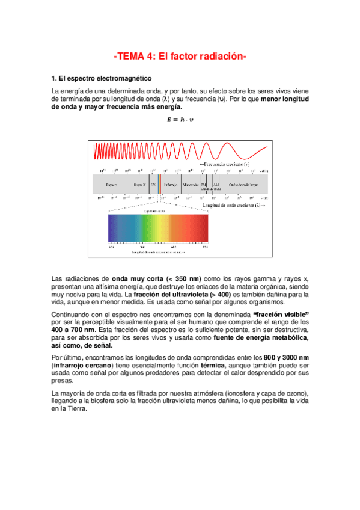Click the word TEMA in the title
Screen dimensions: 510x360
(131, 57)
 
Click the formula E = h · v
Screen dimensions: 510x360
(180, 118)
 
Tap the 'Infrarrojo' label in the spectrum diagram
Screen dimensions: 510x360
(171, 184)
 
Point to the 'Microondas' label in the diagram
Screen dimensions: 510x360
(191, 184)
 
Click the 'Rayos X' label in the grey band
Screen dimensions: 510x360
(139, 184)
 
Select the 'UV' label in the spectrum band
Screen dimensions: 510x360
(154, 184)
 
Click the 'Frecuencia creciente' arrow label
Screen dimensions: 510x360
(225, 164)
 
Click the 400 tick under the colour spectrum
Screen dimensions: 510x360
(111, 247)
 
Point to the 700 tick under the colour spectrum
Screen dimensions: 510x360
(205, 247)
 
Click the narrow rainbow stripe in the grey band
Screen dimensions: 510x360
(159, 184)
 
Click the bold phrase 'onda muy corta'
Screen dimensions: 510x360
(135, 279)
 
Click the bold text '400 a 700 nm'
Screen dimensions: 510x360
(73, 330)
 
